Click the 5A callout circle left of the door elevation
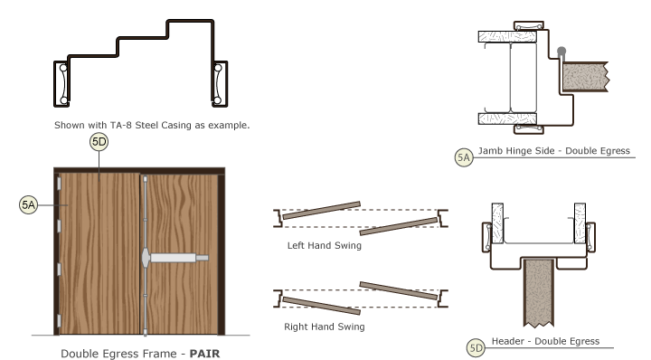pyautogui.click(x=28, y=205)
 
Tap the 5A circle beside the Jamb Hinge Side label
pyautogui.click(x=463, y=157)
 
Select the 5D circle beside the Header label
pyautogui.click(x=476, y=346)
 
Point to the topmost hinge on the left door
pyautogui.click(x=59, y=185)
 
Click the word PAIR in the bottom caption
pyautogui.click(x=203, y=355)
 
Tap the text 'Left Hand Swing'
pyautogui.click(x=324, y=245)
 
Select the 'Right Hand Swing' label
pyautogui.click(x=324, y=326)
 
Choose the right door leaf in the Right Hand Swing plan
pyautogui.click(x=399, y=293)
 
